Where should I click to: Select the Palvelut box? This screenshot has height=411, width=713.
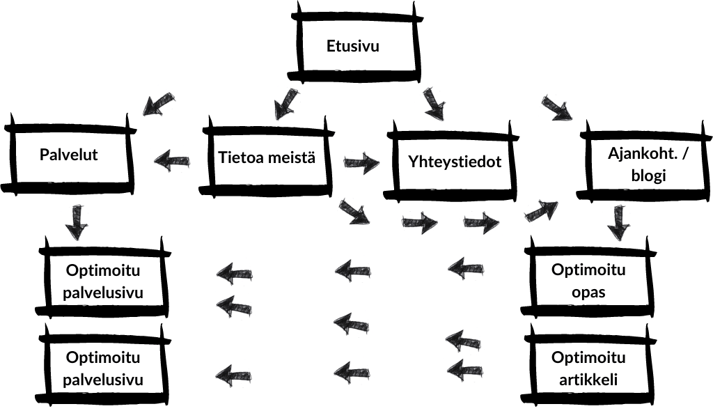click(68, 155)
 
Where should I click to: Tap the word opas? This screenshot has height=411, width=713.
click(588, 291)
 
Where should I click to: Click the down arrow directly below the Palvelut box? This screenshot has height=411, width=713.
click(76, 222)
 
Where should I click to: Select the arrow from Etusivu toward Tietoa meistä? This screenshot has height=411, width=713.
click(285, 104)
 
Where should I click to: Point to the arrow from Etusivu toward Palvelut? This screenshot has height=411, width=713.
click(159, 104)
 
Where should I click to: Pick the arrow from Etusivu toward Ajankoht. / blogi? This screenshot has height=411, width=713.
click(556, 107)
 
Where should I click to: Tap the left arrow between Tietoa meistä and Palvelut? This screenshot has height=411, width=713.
click(171, 162)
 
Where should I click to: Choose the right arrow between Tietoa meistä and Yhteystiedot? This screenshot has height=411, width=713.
click(361, 164)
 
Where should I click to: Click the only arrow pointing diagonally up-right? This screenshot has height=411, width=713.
click(542, 210)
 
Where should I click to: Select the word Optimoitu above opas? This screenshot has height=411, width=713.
click(588, 270)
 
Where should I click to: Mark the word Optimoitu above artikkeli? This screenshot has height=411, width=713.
click(588, 358)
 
